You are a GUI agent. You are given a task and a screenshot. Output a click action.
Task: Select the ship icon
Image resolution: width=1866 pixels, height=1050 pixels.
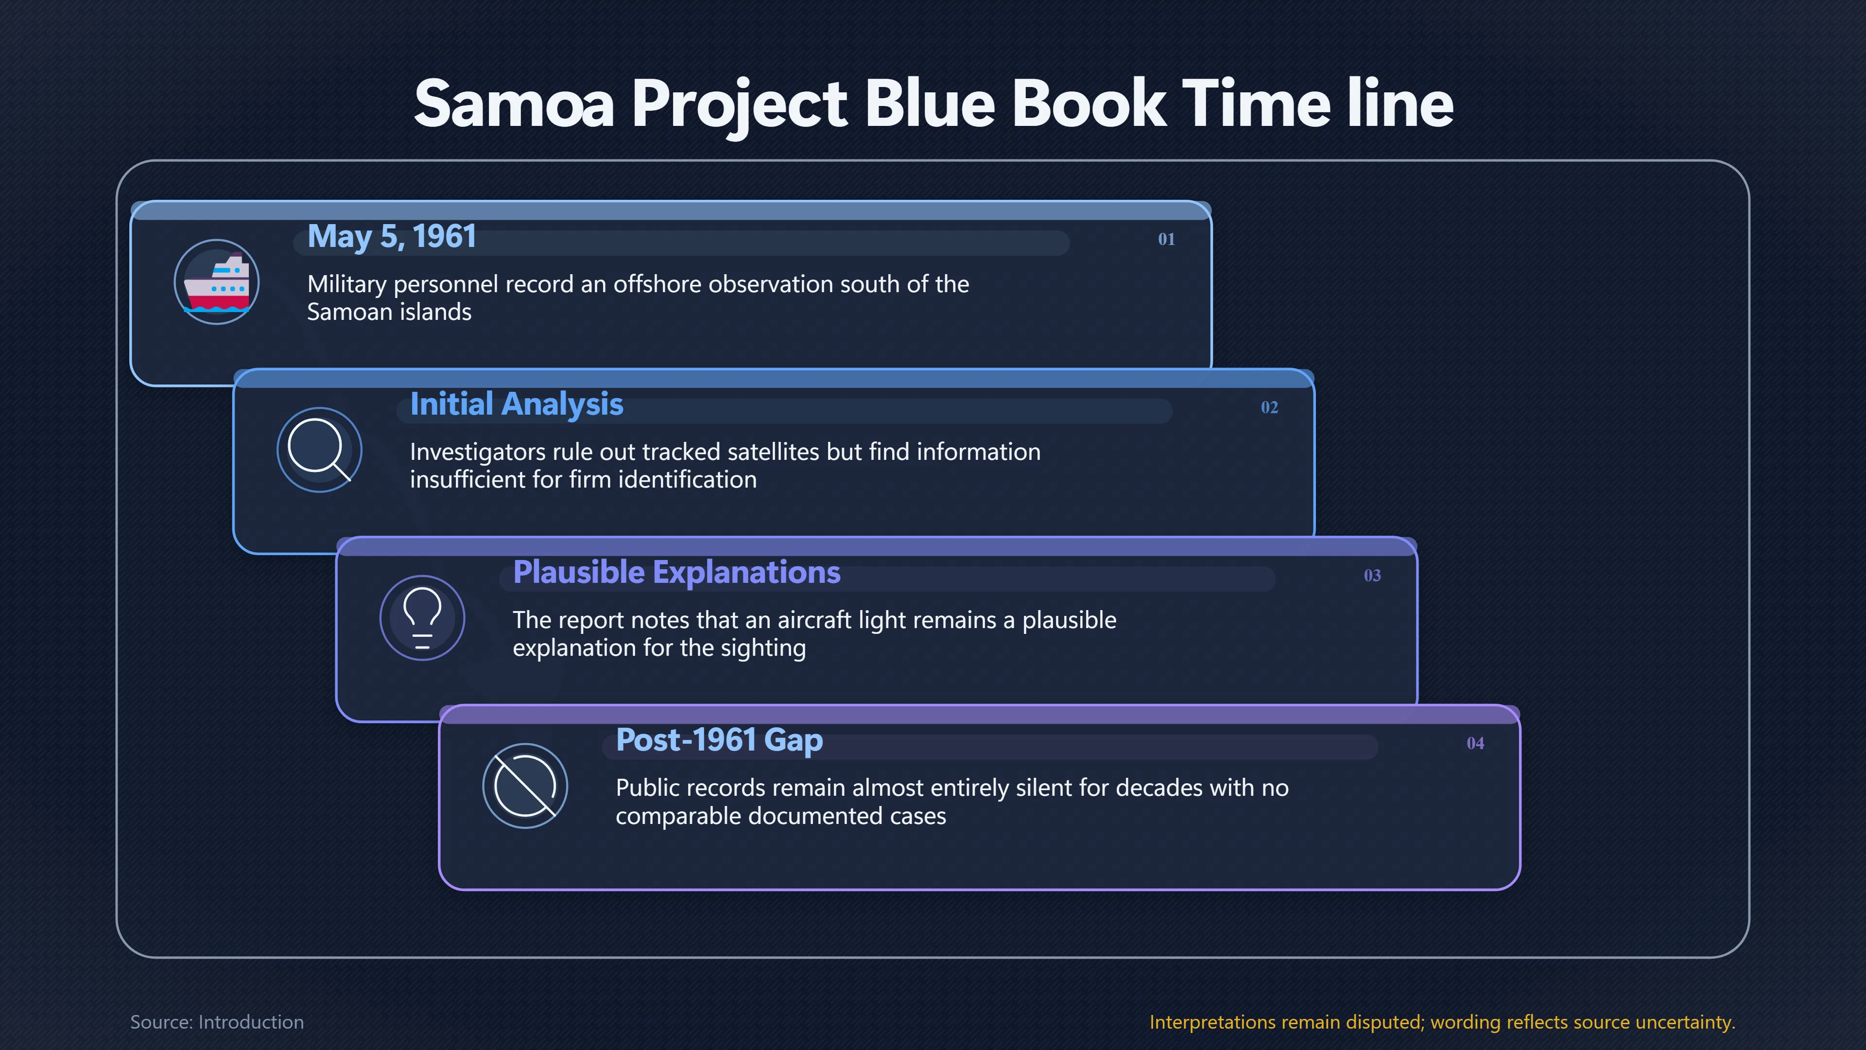tap(217, 282)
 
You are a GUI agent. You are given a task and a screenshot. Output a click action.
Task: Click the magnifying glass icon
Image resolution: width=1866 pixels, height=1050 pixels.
tap(319, 450)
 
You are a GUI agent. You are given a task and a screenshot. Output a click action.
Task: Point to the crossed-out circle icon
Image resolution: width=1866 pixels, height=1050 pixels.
tap(525, 786)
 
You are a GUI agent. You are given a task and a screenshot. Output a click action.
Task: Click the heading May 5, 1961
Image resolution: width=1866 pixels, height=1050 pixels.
tap(392, 236)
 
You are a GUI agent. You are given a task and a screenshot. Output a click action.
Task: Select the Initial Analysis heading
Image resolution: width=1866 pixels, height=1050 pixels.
tap(517, 404)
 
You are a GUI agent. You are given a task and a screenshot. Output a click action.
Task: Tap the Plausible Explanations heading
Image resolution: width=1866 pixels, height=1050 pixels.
tap(676, 573)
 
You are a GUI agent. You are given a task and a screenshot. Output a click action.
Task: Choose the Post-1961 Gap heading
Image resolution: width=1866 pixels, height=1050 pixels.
tap(719, 740)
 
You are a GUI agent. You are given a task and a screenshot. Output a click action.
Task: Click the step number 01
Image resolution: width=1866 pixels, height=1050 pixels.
tap(1166, 239)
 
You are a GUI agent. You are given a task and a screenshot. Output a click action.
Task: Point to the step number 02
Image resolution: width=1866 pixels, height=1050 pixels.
tap(1269, 407)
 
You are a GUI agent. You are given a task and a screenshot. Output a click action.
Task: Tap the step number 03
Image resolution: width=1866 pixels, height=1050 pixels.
tap(1372, 576)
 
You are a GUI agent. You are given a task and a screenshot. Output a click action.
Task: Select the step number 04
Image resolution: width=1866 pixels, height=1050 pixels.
tap(1475, 743)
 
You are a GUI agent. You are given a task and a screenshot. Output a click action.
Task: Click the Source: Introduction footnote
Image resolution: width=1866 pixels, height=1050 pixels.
tap(217, 1022)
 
